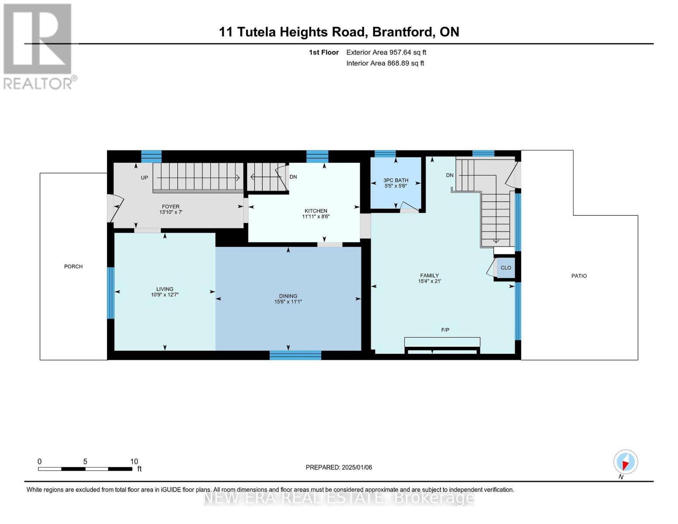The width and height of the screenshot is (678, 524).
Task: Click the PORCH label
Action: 73,266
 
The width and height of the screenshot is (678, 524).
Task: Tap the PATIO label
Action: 579,276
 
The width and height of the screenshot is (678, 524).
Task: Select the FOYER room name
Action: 171,207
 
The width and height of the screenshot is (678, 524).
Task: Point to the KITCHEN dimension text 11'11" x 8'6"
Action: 316,217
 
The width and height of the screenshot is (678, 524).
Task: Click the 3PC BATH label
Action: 396,180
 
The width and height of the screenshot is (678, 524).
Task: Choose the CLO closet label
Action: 506,268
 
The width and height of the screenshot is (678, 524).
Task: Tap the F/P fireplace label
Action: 445,330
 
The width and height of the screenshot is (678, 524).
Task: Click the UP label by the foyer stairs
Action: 144,178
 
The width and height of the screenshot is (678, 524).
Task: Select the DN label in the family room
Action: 450,176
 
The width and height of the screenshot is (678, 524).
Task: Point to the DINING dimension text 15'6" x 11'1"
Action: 288,302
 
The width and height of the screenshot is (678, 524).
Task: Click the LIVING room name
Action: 165,289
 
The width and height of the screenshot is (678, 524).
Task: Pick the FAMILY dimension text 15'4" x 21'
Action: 429,281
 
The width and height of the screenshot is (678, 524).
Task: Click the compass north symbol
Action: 626,462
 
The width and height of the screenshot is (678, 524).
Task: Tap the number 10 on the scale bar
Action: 134,462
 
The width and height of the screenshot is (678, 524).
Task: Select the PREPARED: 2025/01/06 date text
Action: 339,467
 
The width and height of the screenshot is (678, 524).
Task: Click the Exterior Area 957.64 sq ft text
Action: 386,52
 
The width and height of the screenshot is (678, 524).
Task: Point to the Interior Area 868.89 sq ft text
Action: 385,63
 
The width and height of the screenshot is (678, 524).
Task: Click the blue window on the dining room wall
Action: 295,355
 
